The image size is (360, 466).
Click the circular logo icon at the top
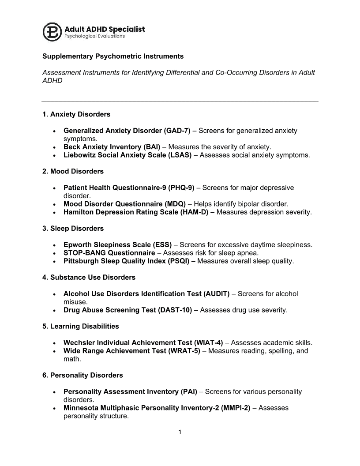point(52,31)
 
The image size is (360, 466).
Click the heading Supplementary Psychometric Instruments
point(113,56)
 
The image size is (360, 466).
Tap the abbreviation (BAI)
point(150,147)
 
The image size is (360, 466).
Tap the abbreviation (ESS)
point(161,244)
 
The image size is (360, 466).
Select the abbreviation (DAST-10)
point(175,310)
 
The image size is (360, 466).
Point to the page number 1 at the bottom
point(180,432)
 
